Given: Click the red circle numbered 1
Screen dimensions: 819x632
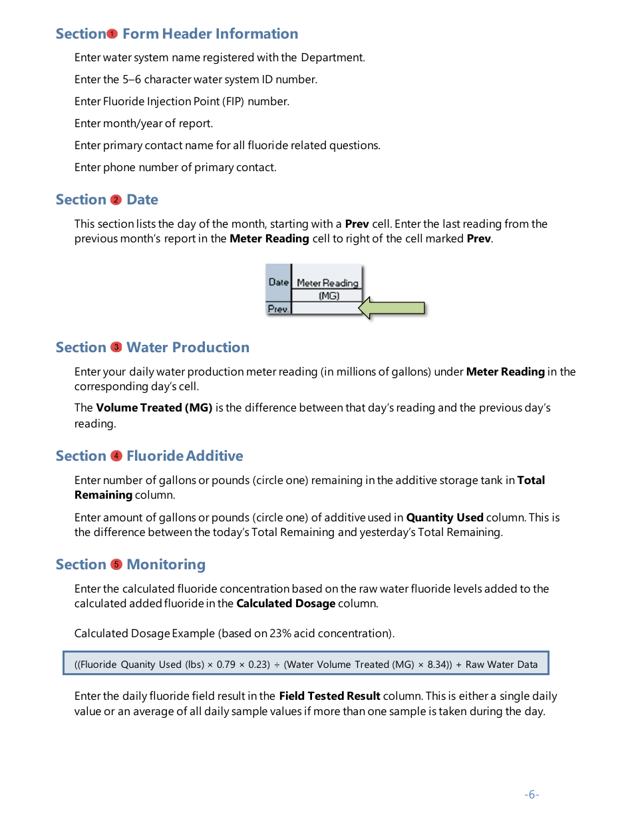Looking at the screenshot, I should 112,34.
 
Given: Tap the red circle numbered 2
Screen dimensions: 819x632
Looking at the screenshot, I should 116,200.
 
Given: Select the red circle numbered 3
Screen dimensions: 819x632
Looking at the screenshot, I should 116,348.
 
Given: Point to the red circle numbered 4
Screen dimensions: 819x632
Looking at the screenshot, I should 116,456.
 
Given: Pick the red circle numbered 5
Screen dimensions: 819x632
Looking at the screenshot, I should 116,565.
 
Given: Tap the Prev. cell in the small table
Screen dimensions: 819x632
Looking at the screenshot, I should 278,309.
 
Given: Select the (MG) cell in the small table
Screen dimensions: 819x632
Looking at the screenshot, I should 329,296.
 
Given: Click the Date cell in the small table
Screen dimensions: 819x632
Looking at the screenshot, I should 279,282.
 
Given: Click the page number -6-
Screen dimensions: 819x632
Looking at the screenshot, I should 532,794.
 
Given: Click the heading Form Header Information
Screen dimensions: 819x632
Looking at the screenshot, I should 210,34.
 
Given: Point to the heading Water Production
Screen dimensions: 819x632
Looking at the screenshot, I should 188,348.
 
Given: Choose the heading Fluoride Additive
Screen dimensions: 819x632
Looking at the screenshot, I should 185,456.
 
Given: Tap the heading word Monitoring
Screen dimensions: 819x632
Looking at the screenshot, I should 166,565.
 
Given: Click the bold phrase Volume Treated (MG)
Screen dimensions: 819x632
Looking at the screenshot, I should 154,408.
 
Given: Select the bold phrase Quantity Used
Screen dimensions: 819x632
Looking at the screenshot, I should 444,517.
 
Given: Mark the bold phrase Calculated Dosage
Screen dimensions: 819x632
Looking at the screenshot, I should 286,604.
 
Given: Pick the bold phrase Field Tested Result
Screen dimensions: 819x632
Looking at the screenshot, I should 330,696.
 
